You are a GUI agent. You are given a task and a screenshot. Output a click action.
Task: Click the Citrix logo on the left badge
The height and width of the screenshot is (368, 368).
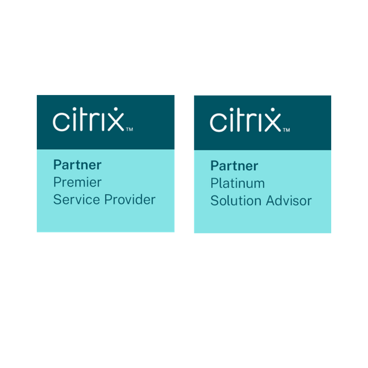pyautogui.click(x=89, y=120)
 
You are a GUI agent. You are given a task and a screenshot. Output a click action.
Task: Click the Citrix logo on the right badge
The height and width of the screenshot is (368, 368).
pyautogui.click(x=245, y=120)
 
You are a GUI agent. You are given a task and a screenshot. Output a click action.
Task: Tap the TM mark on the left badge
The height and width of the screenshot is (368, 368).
pyautogui.click(x=129, y=129)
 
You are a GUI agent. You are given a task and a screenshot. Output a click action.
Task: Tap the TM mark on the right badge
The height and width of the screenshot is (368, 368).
pyautogui.click(x=286, y=130)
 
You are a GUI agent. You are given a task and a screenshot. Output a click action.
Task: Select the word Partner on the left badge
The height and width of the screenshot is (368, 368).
pyautogui.click(x=77, y=165)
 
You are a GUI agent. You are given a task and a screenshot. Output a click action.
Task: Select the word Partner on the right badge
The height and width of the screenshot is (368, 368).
pyautogui.click(x=234, y=166)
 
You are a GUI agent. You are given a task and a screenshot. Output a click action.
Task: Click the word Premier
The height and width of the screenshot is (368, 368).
pyautogui.click(x=77, y=182)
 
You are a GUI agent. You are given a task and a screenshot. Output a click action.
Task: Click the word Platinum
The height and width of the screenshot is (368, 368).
pyautogui.click(x=237, y=183)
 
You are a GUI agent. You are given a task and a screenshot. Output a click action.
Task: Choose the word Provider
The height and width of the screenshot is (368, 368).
pyautogui.click(x=130, y=200)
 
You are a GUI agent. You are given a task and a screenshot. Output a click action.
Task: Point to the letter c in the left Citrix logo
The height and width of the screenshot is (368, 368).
pyautogui.click(x=60, y=122)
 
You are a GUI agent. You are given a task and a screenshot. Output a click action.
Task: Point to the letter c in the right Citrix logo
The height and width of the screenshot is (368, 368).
pyautogui.click(x=217, y=122)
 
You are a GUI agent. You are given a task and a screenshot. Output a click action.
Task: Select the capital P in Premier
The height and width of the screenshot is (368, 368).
pyautogui.click(x=57, y=182)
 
